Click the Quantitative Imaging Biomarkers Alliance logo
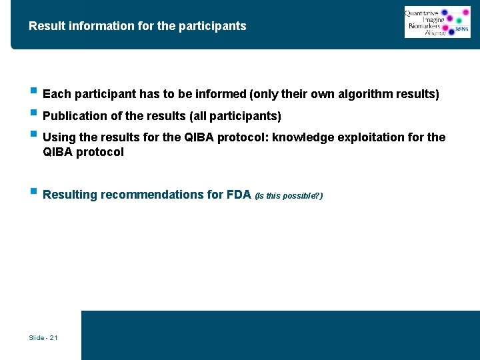click(x=437, y=22)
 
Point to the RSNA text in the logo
click(x=461, y=30)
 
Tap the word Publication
click(x=74, y=117)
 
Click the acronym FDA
click(x=239, y=195)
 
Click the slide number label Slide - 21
click(x=43, y=338)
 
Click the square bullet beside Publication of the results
click(x=33, y=114)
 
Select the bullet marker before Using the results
click(x=33, y=135)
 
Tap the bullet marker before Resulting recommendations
click(x=33, y=193)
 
